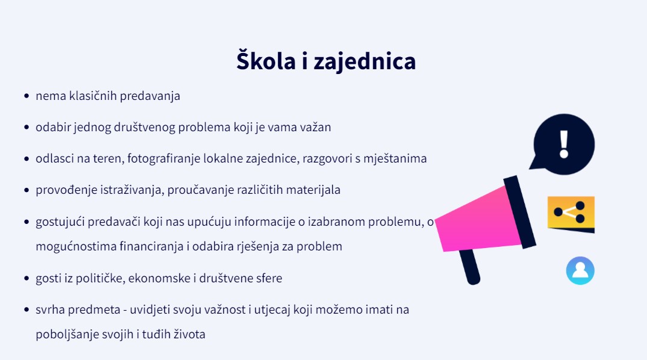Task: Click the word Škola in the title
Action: click(266, 60)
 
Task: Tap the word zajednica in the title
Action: click(365, 61)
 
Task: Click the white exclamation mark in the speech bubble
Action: click(564, 144)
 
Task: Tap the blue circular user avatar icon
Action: click(580, 271)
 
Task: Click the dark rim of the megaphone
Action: click(519, 212)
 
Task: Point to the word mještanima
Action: click(395, 159)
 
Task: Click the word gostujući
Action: click(60, 222)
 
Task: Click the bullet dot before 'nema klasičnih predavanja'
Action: click(27, 96)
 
